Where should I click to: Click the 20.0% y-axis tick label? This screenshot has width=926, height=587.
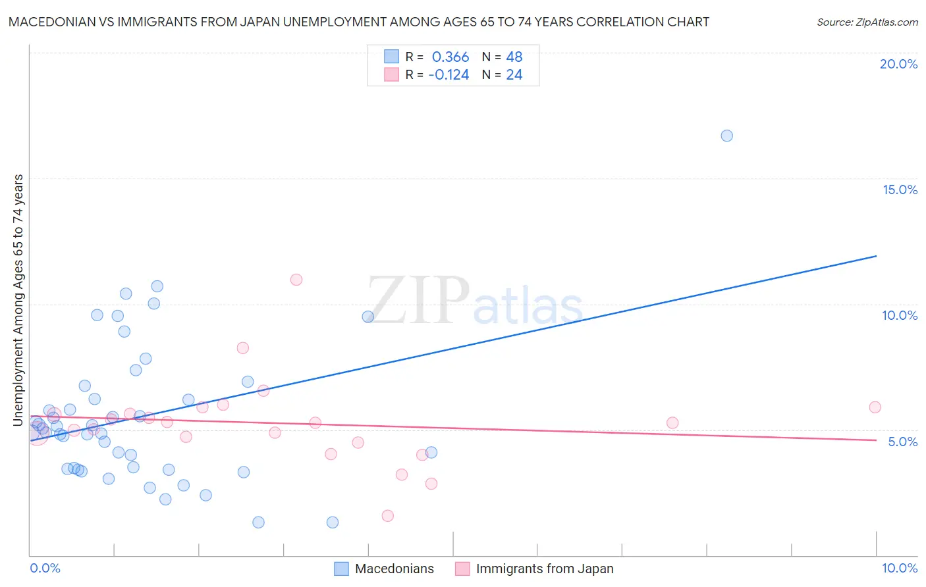(x=898, y=64)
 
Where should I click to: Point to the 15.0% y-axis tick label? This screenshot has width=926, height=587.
(x=900, y=190)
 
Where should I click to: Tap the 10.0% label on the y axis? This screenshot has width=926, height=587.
(x=900, y=315)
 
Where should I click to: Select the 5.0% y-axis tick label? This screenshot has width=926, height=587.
(x=902, y=442)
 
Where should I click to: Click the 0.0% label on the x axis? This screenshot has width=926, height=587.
(x=45, y=568)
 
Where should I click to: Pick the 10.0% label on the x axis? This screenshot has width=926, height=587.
(x=900, y=568)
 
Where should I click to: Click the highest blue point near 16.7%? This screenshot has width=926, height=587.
(x=726, y=136)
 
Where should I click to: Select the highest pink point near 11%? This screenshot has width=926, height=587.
(x=296, y=280)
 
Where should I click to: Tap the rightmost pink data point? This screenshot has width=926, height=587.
(x=875, y=407)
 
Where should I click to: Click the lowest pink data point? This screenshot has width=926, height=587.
(x=388, y=515)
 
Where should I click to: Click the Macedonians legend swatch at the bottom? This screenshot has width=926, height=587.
(x=341, y=569)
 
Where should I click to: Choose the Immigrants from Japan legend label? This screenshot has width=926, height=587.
(x=545, y=569)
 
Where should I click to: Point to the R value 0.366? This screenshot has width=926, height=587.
(x=450, y=57)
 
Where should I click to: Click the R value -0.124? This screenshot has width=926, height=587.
(x=449, y=75)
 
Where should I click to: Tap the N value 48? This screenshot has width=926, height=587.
(x=514, y=57)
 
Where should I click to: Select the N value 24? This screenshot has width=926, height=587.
(x=514, y=75)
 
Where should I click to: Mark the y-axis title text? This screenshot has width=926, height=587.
(x=18, y=299)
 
